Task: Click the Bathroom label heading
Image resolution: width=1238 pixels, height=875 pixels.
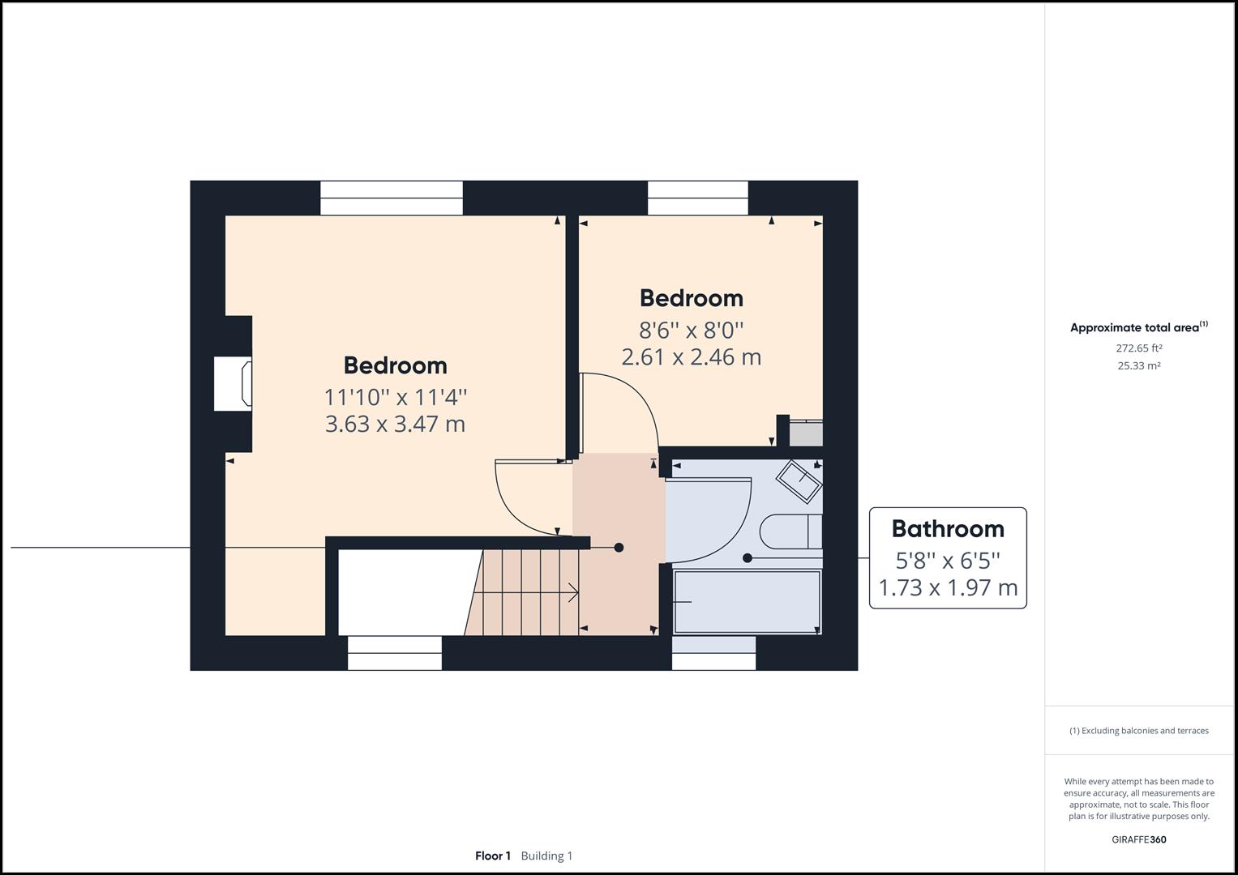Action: pyautogui.click(x=948, y=529)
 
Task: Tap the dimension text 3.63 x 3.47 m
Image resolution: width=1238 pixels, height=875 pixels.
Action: pyautogui.click(x=395, y=424)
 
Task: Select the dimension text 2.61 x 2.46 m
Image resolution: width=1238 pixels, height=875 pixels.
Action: pyautogui.click(x=692, y=356)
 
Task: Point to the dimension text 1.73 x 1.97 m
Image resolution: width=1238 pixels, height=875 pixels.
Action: pyautogui.click(x=948, y=587)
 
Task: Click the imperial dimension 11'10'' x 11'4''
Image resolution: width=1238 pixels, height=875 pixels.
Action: pyautogui.click(x=395, y=397)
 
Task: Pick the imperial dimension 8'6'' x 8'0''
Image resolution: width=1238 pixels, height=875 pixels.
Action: pyautogui.click(x=692, y=331)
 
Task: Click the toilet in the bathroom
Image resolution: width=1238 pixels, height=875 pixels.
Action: pyautogui.click(x=791, y=532)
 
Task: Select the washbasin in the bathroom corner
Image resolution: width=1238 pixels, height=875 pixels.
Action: pyautogui.click(x=799, y=482)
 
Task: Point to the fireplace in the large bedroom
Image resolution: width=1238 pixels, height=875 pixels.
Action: pyautogui.click(x=233, y=384)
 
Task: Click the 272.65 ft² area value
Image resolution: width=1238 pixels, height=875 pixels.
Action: pyautogui.click(x=1138, y=348)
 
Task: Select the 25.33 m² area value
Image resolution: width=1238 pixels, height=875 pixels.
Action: pyautogui.click(x=1138, y=365)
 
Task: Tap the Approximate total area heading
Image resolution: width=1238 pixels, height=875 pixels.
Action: pyautogui.click(x=1138, y=327)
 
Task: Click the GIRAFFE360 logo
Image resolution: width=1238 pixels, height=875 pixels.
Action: pyautogui.click(x=1139, y=839)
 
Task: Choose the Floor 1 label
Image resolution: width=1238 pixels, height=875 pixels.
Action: pyautogui.click(x=493, y=856)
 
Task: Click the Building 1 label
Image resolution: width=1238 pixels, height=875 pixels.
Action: pyautogui.click(x=546, y=856)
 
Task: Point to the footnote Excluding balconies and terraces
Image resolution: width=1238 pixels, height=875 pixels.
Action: pyautogui.click(x=1138, y=730)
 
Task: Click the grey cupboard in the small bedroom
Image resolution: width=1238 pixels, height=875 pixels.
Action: pyautogui.click(x=806, y=433)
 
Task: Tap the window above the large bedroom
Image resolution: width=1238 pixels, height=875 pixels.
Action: pyautogui.click(x=392, y=198)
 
